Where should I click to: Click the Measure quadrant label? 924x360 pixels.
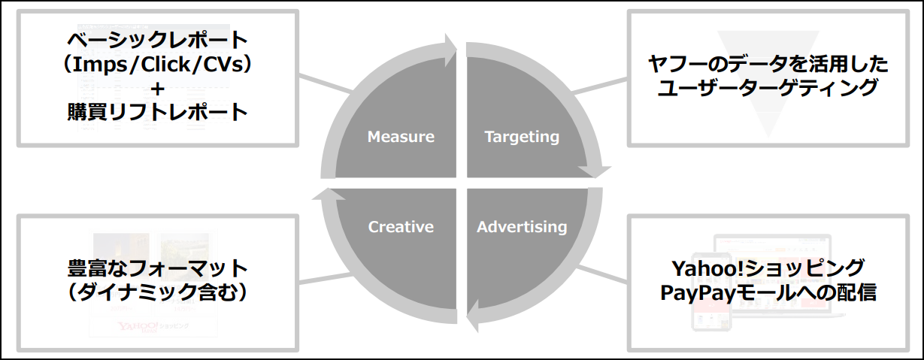click(x=401, y=137)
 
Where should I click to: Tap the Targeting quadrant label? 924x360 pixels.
click(x=522, y=137)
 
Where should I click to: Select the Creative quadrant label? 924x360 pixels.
click(x=401, y=226)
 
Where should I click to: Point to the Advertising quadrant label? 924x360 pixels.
click(x=522, y=227)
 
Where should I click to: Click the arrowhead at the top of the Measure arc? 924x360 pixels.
click(x=450, y=50)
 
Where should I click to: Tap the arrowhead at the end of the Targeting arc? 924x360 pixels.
click(x=595, y=171)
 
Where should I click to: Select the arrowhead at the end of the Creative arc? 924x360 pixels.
click(x=329, y=194)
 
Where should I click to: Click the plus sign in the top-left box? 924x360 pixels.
click(x=158, y=89)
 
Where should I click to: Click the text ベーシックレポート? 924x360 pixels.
click(x=158, y=40)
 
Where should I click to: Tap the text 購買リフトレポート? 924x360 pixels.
click(x=158, y=112)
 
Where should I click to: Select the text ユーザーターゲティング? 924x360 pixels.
click(x=768, y=88)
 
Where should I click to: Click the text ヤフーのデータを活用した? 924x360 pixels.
click(x=768, y=65)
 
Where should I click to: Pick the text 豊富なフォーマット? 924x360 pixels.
click(x=158, y=268)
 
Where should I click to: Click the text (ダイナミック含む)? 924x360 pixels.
click(x=158, y=292)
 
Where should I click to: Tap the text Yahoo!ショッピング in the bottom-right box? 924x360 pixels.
click(x=768, y=268)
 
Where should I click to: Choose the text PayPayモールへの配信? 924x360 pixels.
click(x=768, y=293)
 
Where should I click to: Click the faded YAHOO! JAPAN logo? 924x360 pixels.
click(x=138, y=327)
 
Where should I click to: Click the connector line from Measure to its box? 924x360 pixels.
click(x=326, y=83)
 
